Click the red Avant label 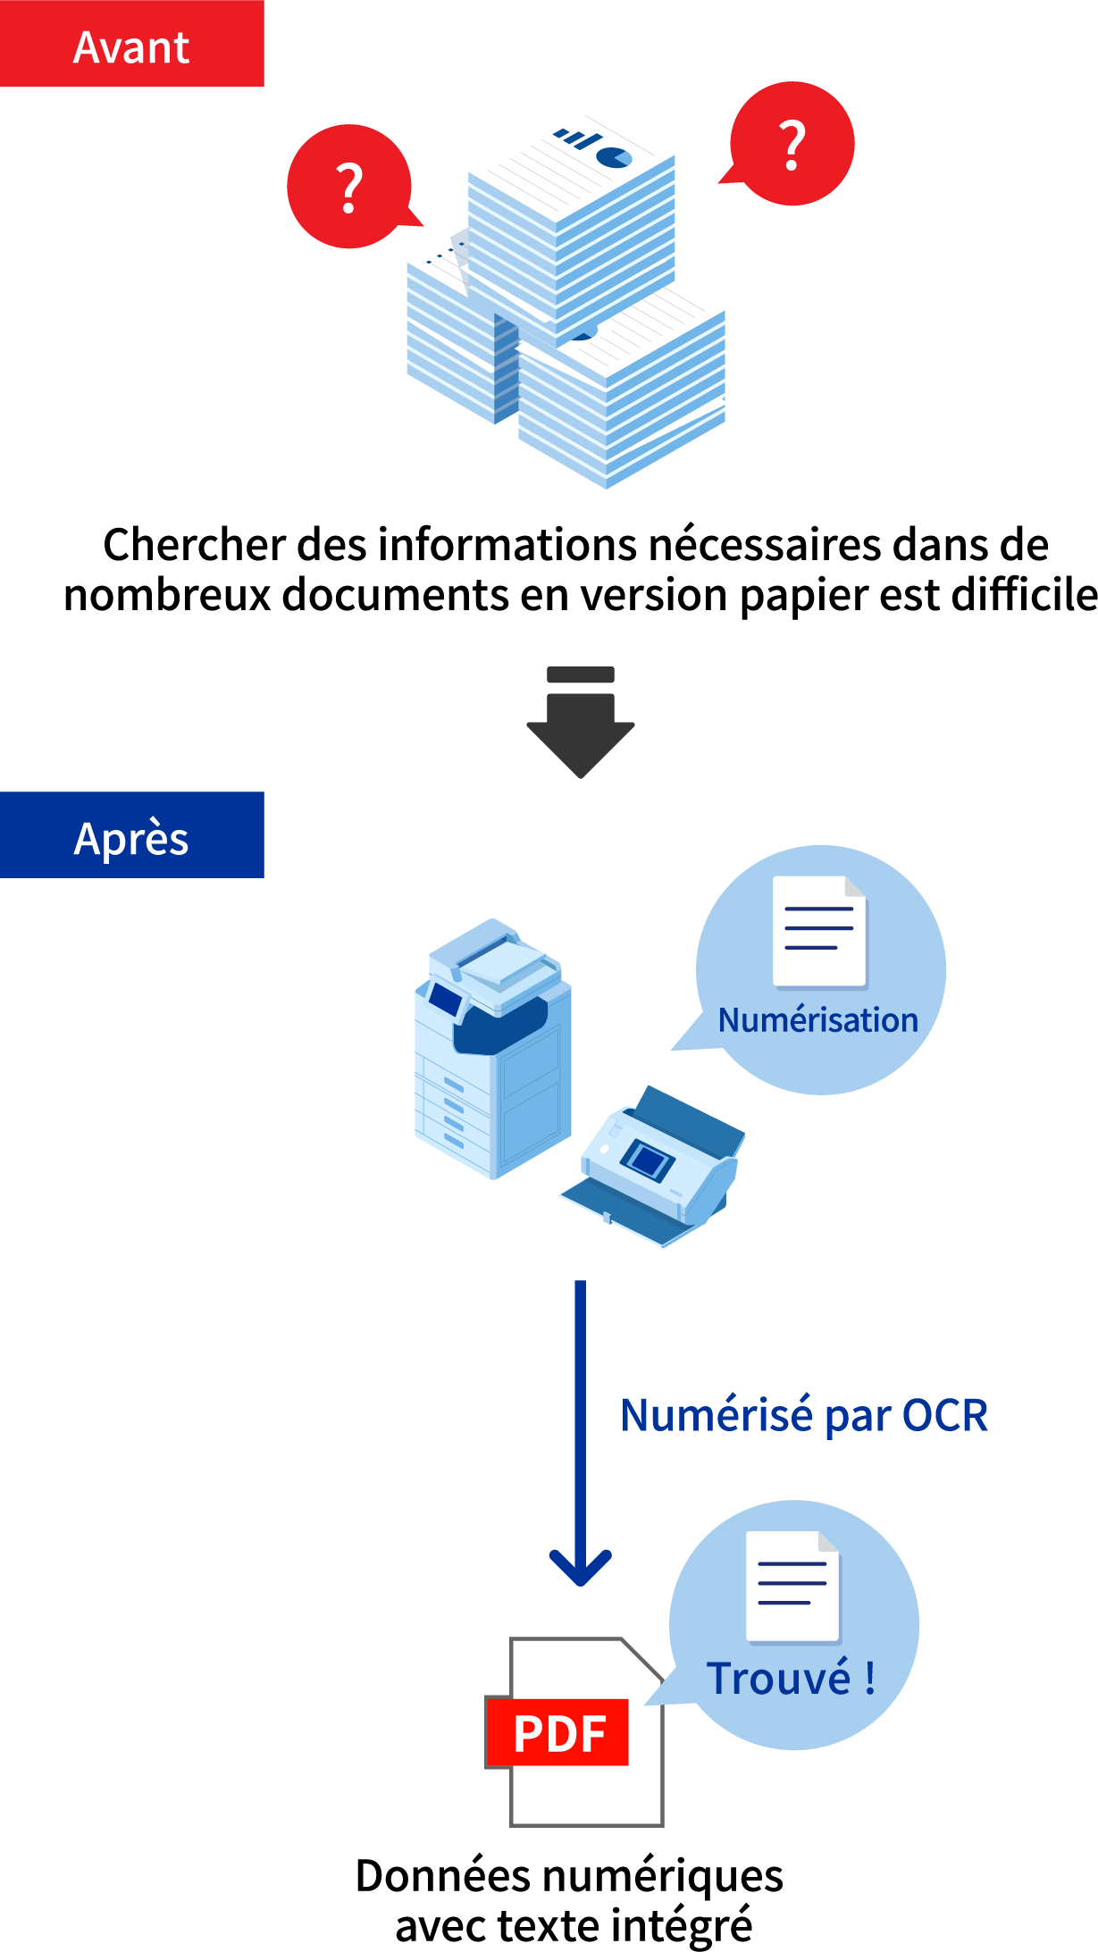click(x=131, y=45)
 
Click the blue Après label click(x=131, y=836)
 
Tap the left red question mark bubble click(x=349, y=187)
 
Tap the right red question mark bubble click(x=792, y=144)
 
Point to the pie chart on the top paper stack click(x=614, y=157)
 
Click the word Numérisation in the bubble click(x=817, y=1019)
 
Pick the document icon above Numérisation click(x=819, y=931)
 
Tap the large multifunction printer click(x=492, y=1049)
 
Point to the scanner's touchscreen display click(x=648, y=1160)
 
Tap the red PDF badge click(x=558, y=1732)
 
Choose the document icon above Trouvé click(x=792, y=1587)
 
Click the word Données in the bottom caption click(x=443, y=1876)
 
